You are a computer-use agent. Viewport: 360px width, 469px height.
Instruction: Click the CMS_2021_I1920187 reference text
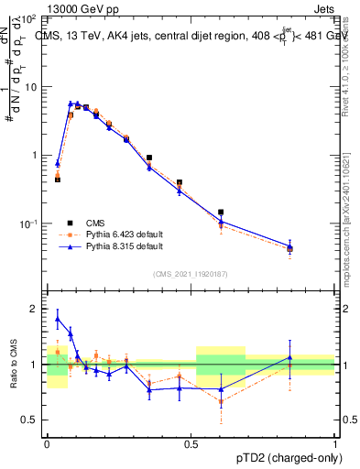pos(190,274)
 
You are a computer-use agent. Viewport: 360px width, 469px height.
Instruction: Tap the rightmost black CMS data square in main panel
pos(289,248)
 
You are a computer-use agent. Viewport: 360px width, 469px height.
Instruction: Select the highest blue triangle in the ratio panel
pos(58,319)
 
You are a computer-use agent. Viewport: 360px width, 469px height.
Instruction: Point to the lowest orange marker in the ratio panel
pos(221,401)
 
